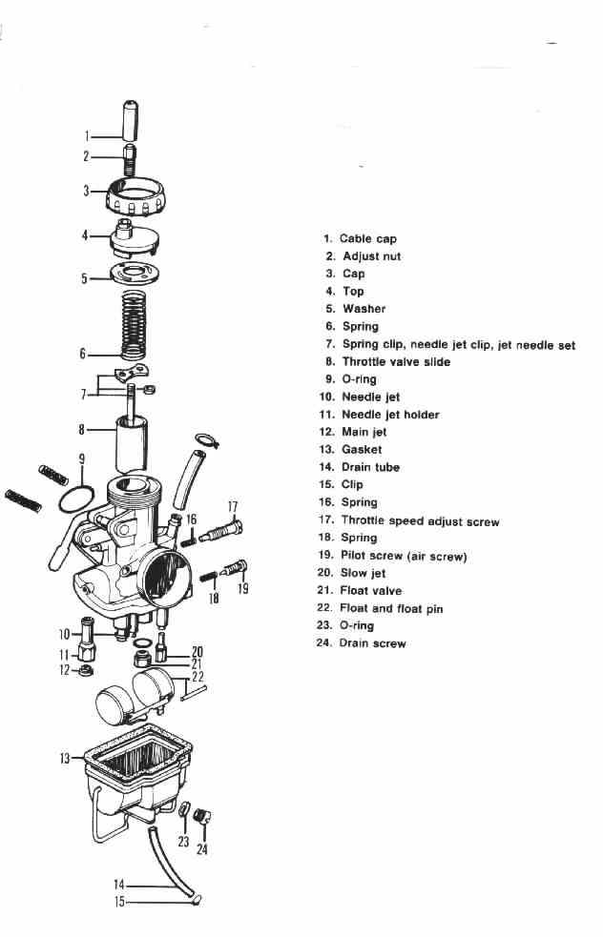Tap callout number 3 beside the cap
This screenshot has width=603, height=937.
click(86, 191)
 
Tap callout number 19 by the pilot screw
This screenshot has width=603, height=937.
click(242, 589)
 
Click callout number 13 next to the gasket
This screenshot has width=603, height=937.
click(65, 759)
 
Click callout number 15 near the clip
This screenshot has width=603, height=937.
click(120, 901)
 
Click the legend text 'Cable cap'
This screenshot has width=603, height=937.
click(368, 238)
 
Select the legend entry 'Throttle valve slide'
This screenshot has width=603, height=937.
click(396, 361)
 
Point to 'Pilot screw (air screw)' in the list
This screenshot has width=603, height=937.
click(404, 556)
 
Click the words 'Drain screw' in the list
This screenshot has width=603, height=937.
click(372, 643)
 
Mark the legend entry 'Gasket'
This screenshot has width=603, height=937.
click(362, 449)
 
